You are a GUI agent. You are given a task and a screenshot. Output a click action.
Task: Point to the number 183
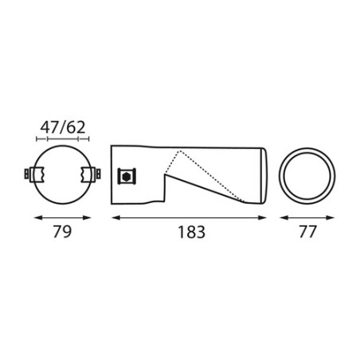tap(190, 233)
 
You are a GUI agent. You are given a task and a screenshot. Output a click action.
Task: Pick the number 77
tap(307, 233)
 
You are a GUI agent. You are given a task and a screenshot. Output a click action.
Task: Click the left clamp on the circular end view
tap(34, 174)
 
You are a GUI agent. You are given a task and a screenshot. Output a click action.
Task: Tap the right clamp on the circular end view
tap(93, 174)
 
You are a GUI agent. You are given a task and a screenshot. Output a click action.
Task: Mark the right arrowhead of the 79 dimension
tap(97, 217)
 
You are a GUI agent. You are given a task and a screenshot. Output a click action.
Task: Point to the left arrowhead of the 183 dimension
tap(112, 217)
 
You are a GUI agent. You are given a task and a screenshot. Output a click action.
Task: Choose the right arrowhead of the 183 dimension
tap(267, 217)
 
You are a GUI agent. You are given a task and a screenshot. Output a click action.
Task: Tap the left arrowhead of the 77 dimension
tap(280, 217)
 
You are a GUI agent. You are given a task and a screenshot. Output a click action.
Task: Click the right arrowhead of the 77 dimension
tap(335, 217)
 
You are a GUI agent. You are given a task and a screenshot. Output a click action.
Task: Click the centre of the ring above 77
tap(307, 175)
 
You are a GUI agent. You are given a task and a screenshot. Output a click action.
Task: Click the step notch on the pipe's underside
tap(164, 193)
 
